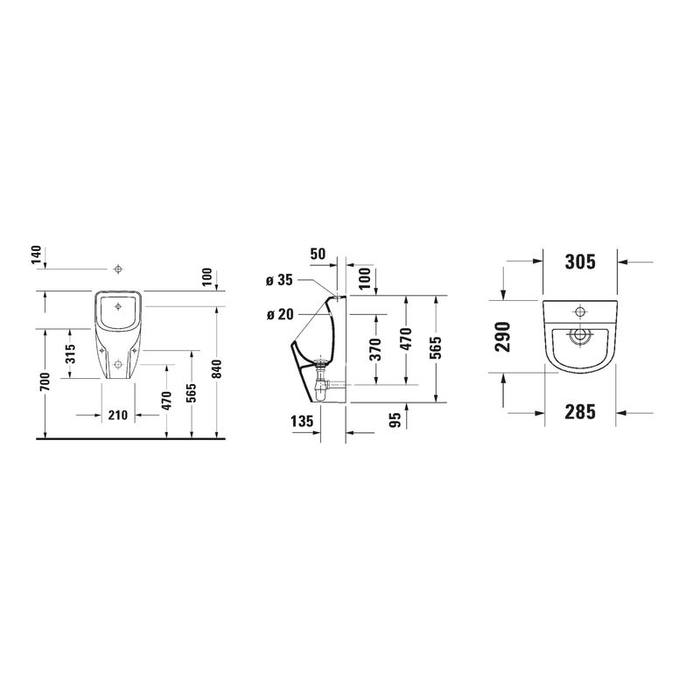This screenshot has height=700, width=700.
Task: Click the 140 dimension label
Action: coord(37,255)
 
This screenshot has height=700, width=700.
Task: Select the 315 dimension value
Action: coord(71,353)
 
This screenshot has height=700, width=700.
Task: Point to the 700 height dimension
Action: coord(45,382)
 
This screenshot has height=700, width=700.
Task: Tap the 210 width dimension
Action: coord(118,415)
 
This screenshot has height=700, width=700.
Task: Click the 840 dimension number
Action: coord(216,368)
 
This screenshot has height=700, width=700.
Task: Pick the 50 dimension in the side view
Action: coord(318,254)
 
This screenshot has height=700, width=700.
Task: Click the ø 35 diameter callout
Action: coord(279,280)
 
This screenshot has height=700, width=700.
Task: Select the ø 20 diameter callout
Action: coord(280,315)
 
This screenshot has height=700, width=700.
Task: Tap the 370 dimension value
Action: coord(376,349)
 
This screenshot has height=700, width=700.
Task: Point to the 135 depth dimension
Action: coord(302,421)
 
